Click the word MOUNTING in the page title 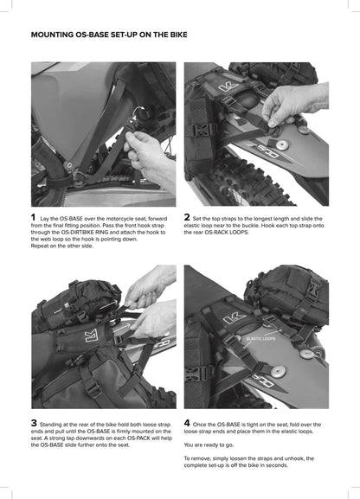[54, 36]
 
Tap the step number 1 [34, 217]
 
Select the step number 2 [188, 217]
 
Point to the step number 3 [34, 423]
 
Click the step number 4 [188, 423]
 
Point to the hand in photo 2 [291, 101]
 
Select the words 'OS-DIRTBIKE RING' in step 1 [92, 232]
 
